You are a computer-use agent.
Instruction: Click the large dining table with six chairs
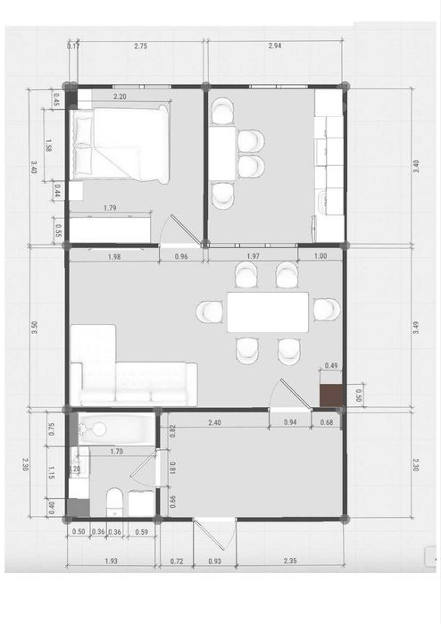[267, 312]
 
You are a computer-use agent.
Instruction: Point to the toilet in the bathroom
[114, 500]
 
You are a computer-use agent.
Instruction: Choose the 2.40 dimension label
[215, 422]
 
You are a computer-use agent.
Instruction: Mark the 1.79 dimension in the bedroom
[110, 209]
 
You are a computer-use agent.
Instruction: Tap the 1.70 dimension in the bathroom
[116, 452]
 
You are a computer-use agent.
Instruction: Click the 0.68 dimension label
[327, 422]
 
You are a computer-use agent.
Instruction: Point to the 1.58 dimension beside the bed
[49, 146]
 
